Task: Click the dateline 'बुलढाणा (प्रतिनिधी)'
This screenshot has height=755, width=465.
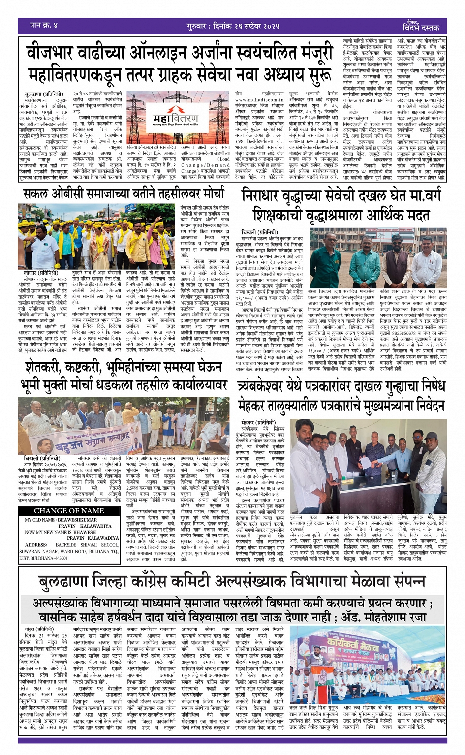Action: pos(44,94)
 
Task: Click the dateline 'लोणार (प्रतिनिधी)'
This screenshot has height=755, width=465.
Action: pos(41,273)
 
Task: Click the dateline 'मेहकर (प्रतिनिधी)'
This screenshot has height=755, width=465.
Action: pos(258,422)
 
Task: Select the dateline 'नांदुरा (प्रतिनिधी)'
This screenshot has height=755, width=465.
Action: pos(39,629)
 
